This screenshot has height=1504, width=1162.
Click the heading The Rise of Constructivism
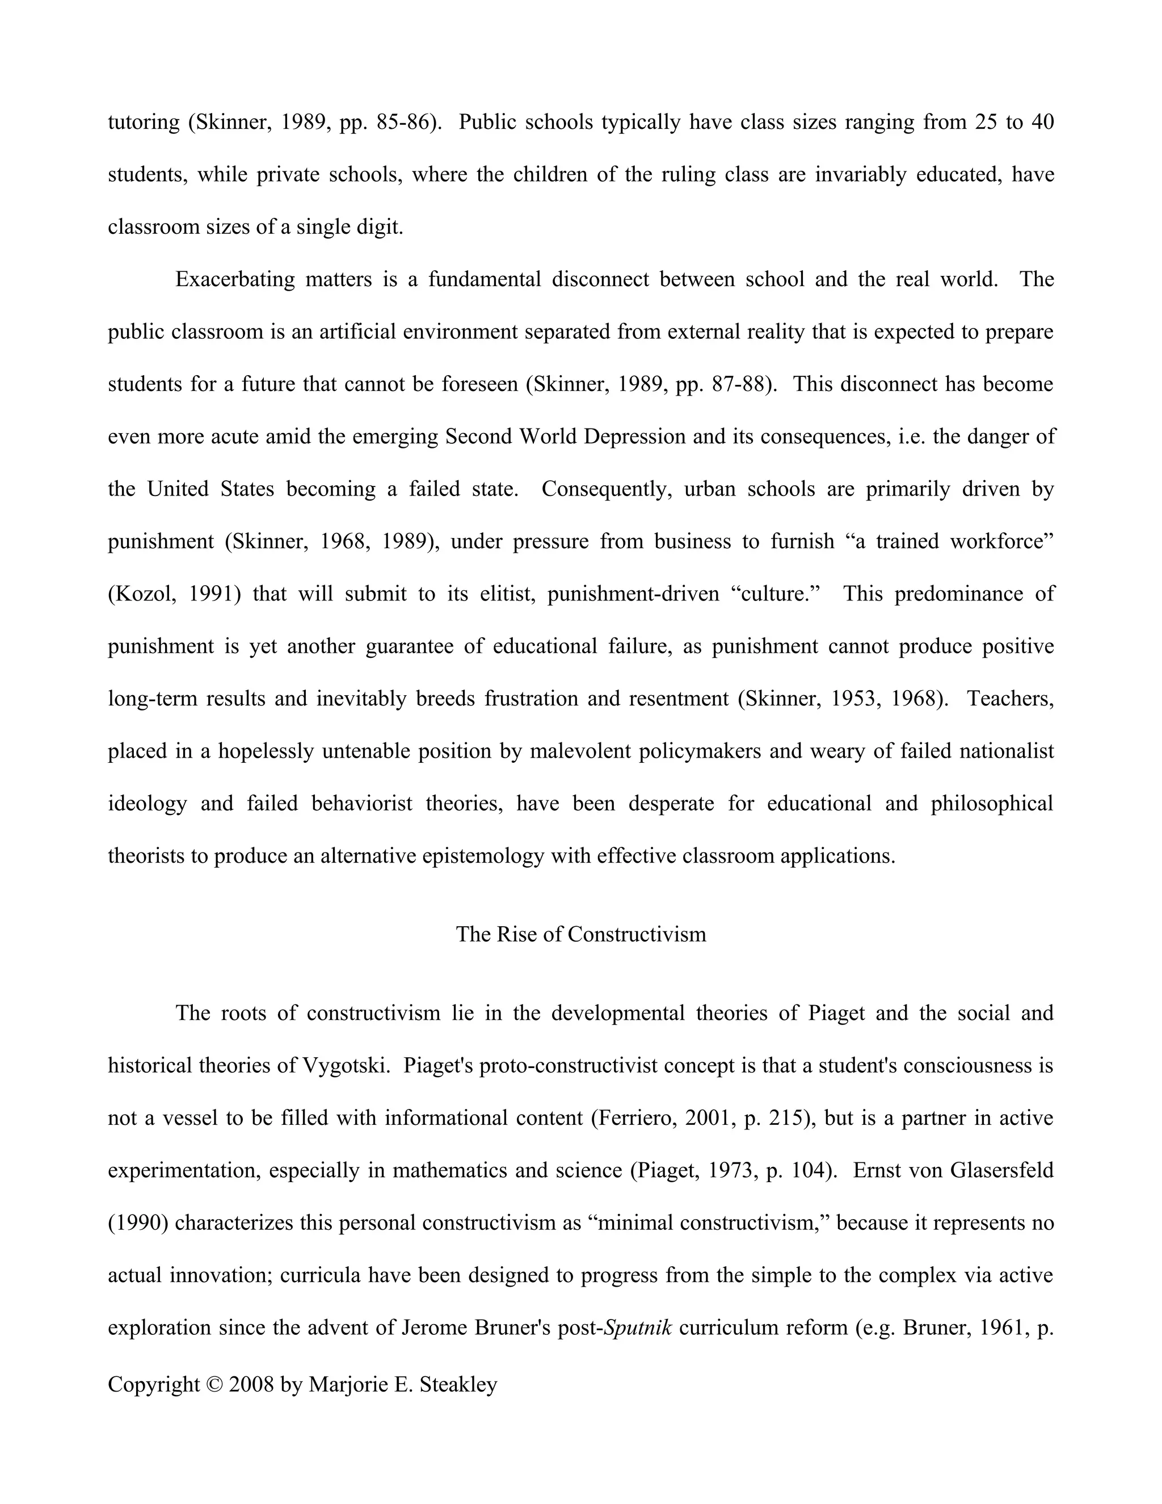(580, 935)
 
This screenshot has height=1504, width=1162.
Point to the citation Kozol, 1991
(174, 594)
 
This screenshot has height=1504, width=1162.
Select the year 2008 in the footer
(251, 1384)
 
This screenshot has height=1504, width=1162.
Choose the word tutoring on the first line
(143, 122)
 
